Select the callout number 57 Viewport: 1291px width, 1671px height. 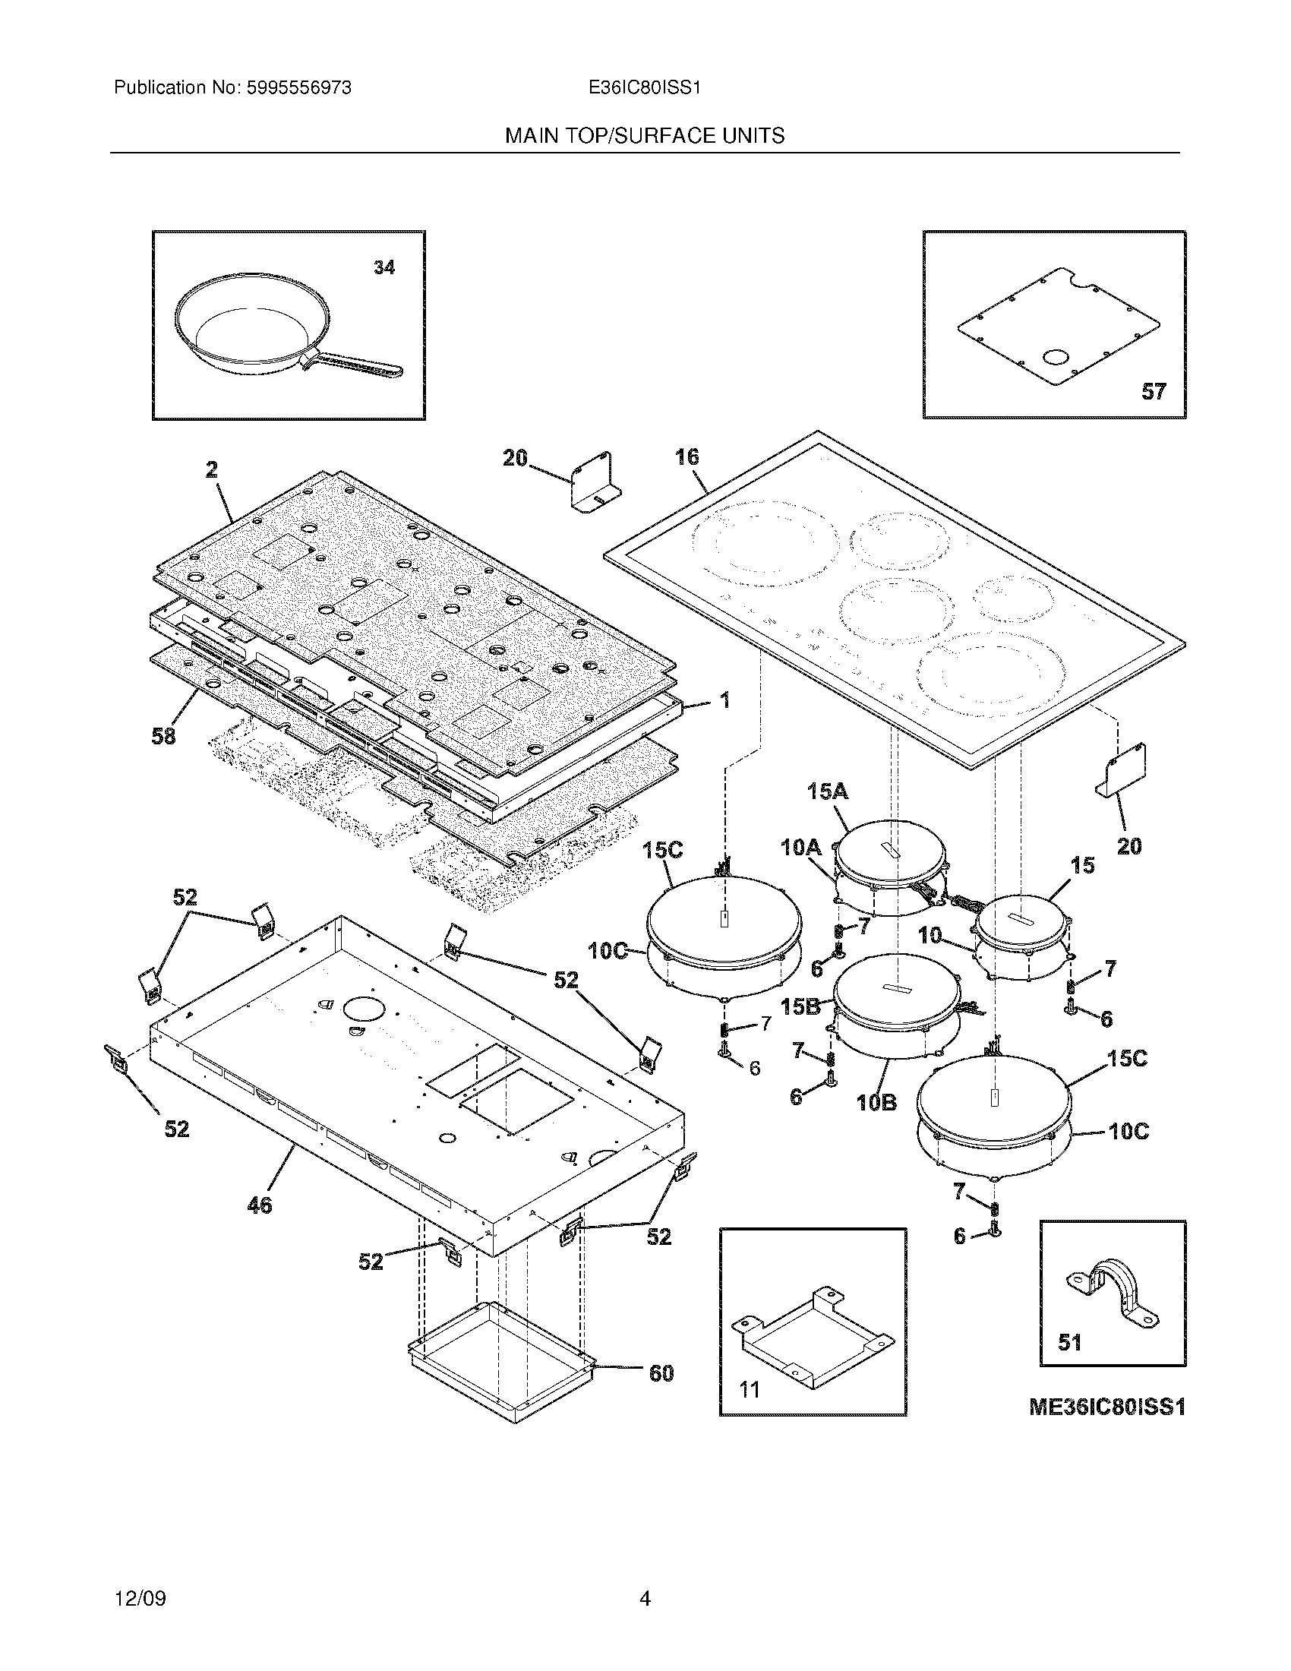[1154, 392]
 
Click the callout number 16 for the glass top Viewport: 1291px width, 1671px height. [687, 456]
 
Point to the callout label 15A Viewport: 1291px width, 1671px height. [828, 791]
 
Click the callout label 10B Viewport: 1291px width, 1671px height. [877, 1103]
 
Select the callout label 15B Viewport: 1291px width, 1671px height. [800, 1006]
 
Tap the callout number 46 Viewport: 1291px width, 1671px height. [259, 1205]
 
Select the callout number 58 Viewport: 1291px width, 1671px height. [164, 736]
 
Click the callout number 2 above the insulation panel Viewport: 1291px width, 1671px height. [212, 469]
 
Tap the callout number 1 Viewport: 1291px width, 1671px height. [724, 700]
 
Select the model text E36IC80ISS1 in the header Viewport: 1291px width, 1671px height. [644, 88]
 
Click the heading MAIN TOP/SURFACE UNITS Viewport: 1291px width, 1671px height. [644, 136]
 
